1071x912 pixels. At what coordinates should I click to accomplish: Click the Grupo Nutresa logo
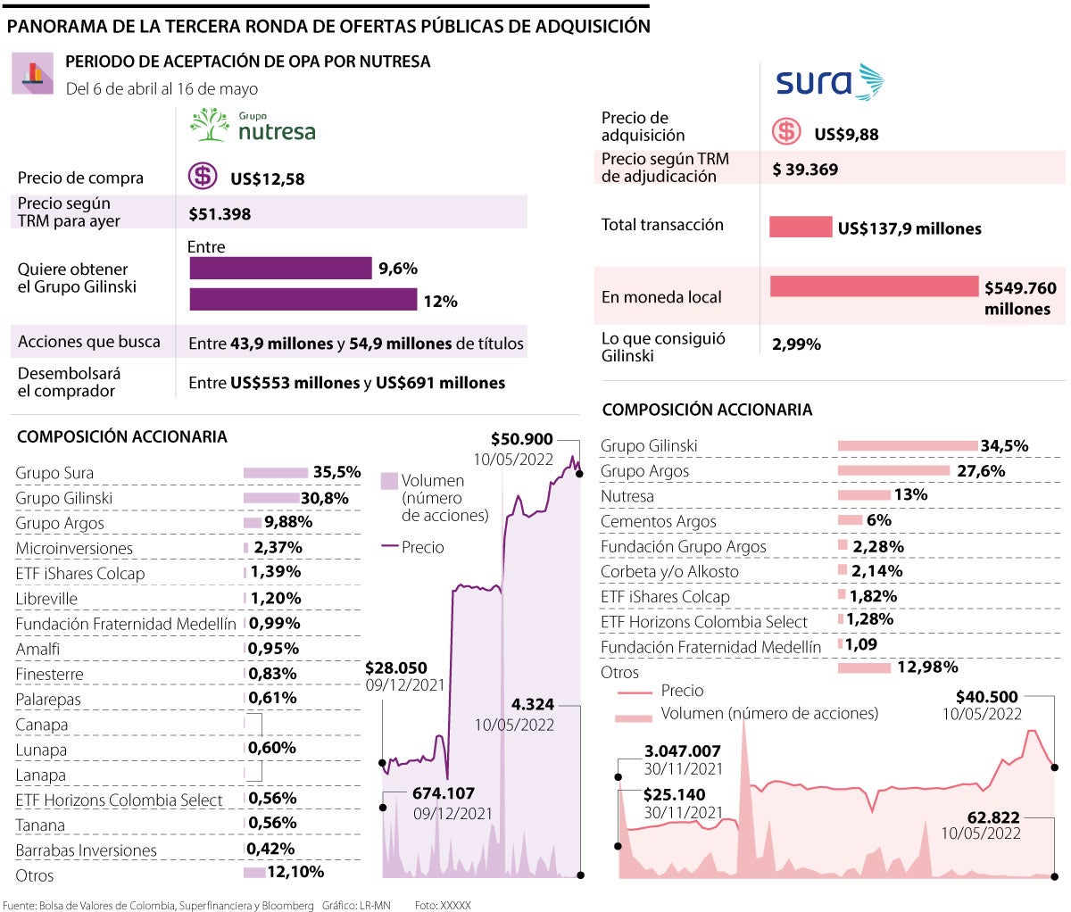(253, 127)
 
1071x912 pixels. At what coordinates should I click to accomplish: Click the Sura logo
(829, 82)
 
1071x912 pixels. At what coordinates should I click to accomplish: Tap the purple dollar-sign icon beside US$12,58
(203, 176)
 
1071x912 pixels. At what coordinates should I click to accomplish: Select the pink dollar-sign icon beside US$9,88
(786, 132)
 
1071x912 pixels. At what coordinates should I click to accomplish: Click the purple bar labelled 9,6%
(280, 268)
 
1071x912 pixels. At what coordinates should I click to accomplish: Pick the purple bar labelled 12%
(303, 299)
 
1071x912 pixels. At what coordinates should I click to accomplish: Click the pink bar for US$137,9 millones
(801, 227)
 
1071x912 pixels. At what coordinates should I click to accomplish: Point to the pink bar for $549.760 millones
(875, 286)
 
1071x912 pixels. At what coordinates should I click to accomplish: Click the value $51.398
(220, 214)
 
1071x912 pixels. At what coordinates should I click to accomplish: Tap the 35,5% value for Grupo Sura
(336, 472)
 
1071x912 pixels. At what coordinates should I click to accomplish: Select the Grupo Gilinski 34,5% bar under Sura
(908, 445)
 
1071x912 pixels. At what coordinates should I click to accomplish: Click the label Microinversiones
(74, 548)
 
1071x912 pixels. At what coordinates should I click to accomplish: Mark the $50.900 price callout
(522, 439)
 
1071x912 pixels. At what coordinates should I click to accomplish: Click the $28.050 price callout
(396, 667)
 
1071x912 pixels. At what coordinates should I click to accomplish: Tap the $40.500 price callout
(986, 697)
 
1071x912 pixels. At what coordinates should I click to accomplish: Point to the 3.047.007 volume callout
(682, 751)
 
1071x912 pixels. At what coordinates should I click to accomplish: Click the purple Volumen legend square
(389, 481)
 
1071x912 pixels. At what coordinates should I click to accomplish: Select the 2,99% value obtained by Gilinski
(796, 344)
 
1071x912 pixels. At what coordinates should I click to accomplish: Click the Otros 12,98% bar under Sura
(864, 667)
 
